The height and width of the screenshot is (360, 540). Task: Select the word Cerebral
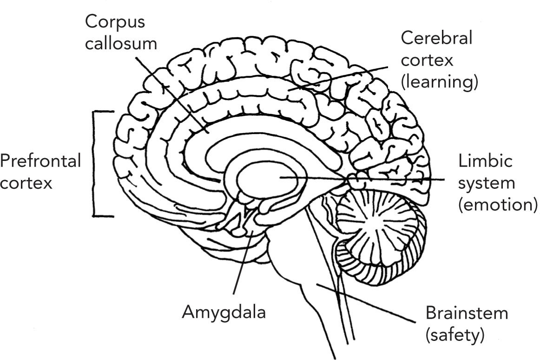point(436,38)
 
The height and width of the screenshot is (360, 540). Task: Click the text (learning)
point(439,82)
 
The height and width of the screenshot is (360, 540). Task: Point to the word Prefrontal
point(40,161)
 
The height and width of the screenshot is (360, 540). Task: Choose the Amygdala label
point(223,312)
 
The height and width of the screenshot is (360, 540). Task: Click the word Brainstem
point(467,313)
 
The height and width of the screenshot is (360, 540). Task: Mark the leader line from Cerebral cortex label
point(344,77)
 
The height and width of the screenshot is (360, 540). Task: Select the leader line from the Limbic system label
point(395,179)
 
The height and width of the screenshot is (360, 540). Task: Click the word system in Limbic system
point(487,183)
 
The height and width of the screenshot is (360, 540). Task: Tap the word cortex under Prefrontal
point(26,183)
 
